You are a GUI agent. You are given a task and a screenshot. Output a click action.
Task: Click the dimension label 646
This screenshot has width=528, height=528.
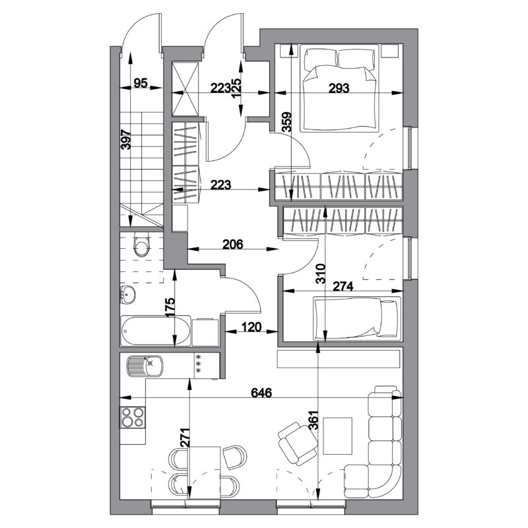[x=261, y=393]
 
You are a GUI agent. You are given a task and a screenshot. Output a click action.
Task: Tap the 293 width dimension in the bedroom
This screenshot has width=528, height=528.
[x=339, y=88]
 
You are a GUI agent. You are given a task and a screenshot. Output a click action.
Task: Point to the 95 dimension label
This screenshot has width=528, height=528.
[x=141, y=83]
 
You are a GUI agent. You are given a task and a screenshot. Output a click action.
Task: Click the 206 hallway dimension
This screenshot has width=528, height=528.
[x=233, y=244]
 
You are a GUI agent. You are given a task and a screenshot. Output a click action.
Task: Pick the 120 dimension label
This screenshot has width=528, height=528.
[x=251, y=327]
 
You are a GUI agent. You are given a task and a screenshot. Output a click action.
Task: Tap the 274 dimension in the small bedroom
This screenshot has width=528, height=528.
[x=343, y=286]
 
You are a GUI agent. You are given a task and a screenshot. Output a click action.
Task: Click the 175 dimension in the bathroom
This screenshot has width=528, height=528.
[x=170, y=306]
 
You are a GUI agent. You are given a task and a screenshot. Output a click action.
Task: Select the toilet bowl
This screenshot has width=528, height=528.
[x=141, y=245]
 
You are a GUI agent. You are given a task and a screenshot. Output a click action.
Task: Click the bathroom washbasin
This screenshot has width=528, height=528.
[x=127, y=294]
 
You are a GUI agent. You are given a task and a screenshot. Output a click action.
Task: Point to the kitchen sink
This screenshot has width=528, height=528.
[x=145, y=366]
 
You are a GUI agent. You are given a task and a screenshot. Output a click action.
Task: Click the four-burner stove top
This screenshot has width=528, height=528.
[x=133, y=418]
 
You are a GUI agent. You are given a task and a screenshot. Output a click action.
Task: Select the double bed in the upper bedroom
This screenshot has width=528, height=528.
[x=339, y=89]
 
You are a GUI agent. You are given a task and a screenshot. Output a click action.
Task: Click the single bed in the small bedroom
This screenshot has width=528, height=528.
[x=357, y=318]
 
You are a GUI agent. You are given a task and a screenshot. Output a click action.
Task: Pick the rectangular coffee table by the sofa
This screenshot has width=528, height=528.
[x=338, y=436]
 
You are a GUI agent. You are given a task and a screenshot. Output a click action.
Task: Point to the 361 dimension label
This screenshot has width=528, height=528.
[x=313, y=420]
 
